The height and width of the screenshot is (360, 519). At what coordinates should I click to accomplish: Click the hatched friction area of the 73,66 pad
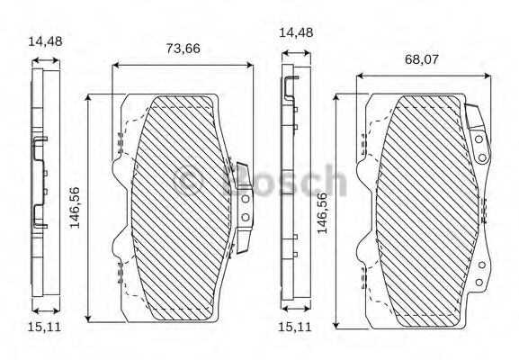[x=180, y=207]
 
